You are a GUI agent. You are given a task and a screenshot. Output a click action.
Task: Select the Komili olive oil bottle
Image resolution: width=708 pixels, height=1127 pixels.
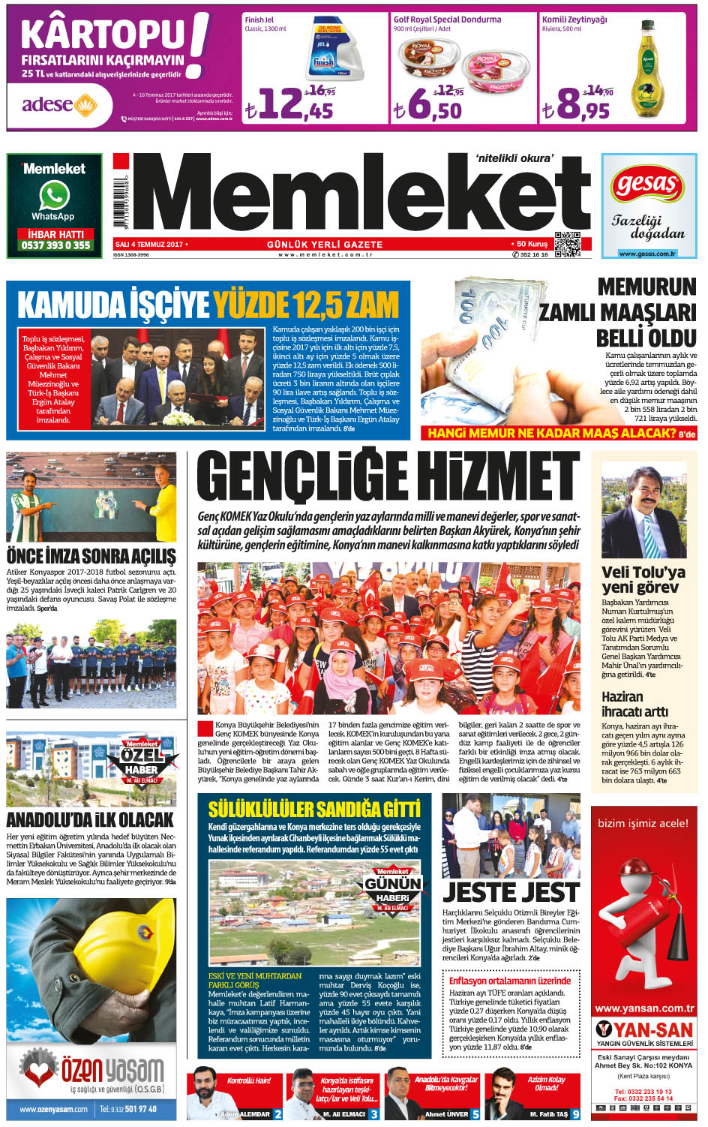[647, 71]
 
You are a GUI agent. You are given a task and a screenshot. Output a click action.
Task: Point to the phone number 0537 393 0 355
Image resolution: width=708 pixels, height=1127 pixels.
[55, 245]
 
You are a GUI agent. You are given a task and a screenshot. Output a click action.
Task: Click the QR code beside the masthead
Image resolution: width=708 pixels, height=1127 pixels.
[567, 245]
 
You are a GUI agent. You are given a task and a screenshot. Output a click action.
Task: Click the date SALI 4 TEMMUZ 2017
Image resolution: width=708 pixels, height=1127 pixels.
[149, 245]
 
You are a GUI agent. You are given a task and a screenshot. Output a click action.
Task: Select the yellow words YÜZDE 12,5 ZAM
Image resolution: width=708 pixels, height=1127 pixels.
[305, 305]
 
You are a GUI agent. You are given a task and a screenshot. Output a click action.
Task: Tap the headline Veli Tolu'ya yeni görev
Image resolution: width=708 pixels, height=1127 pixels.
[643, 579]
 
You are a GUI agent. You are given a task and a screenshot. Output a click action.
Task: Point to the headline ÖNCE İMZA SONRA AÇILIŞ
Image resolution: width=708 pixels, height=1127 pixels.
[91, 556]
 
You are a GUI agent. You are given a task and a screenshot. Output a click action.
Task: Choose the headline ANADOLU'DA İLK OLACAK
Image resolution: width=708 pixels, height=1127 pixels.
[90, 819]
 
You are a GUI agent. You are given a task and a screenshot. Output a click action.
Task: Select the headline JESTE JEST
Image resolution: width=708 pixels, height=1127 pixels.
[511, 892]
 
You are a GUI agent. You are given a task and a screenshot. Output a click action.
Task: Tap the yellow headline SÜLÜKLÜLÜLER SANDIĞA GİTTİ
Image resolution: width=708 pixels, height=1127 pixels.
[314, 809]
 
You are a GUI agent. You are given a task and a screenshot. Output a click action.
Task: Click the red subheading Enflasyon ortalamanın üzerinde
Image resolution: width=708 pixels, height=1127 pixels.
[510, 981]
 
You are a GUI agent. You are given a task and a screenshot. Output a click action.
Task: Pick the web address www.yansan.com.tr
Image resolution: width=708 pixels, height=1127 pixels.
[643, 1008]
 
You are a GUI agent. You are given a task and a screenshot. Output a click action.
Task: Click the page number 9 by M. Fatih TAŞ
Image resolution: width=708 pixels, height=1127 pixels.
[575, 1114]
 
